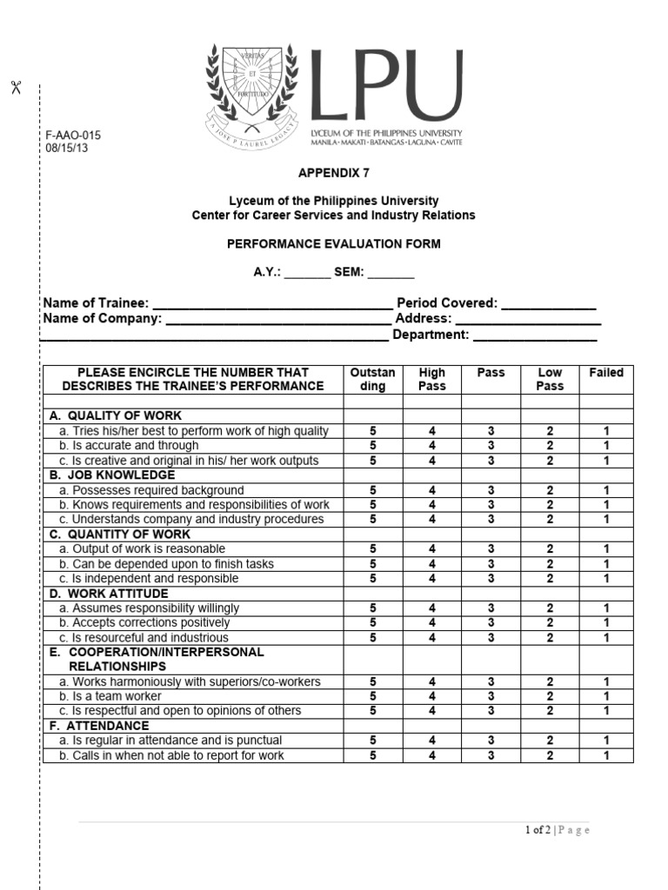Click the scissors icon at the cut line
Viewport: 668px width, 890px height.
(15, 87)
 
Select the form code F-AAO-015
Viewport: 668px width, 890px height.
(73, 136)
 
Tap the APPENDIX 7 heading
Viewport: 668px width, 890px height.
(333, 173)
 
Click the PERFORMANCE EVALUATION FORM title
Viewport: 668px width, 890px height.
(334, 244)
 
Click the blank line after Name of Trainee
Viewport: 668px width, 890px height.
(272, 305)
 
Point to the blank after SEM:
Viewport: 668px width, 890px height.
(391, 274)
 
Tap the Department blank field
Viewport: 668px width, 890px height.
(535, 335)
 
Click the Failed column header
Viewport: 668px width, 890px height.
(606, 373)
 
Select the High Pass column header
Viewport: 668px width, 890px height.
(431, 379)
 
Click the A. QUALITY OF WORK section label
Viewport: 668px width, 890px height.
(116, 415)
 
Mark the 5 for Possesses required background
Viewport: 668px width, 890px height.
(373, 490)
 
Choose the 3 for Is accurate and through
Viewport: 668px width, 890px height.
(491, 446)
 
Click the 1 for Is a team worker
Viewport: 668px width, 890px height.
(606, 696)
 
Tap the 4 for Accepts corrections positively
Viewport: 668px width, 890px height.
(432, 623)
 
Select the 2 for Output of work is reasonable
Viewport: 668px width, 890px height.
(550, 549)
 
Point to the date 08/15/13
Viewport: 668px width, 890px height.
(67, 148)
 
